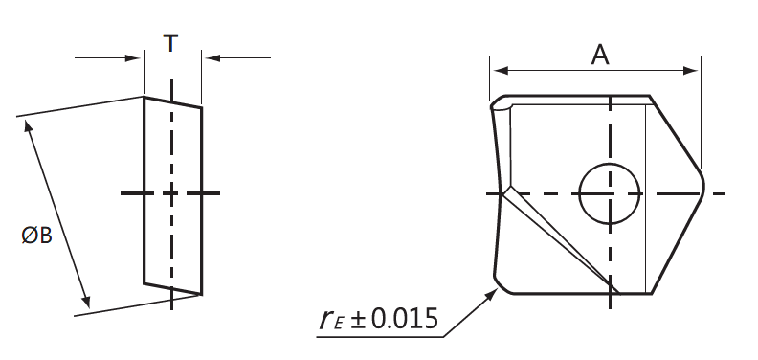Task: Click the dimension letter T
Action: (x=170, y=43)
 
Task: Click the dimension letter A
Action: (x=600, y=55)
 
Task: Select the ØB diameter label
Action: (x=36, y=236)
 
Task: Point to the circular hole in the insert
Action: (x=609, y=193)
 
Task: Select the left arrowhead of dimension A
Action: (x=502, y=71)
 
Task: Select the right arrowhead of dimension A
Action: (x=690, y=71)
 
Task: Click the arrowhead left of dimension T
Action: (x=133, y=58)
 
